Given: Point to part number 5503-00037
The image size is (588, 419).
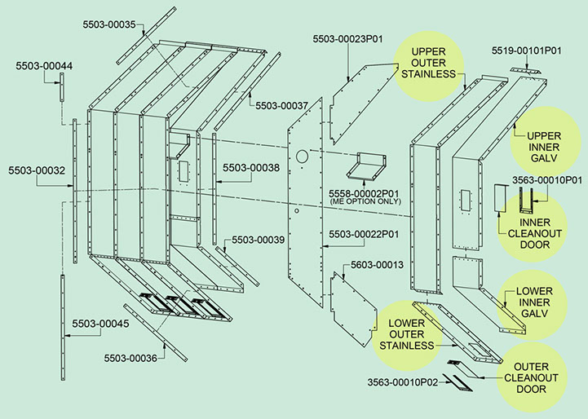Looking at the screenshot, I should pyautogui.click(x=281, y=106).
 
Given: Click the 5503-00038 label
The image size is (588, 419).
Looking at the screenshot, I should pyautogui.click(x=251, y=168).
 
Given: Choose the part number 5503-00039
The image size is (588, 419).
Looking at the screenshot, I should pyautogui.click(x=259, y=240).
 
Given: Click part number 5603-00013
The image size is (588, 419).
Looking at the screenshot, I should pyautogui.click(x=377, y=265).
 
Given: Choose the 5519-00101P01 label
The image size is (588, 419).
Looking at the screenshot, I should pyautogui.click(x=526, y=51).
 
